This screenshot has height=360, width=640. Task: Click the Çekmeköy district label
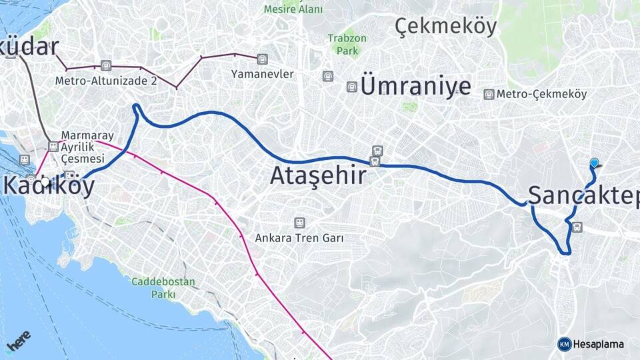coord(446,26)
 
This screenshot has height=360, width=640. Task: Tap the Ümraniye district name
coord(415,87)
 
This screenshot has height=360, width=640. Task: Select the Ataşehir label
coord(318,176)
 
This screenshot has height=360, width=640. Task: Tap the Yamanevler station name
coord(262,74)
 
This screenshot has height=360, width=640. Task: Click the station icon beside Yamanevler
coord(262,59)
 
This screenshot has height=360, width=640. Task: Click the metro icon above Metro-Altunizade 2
coord(105,65)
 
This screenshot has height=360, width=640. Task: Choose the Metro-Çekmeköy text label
coord(541,94)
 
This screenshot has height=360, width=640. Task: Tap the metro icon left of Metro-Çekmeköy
coord(489,95)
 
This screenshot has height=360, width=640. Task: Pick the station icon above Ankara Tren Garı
coord(299,223)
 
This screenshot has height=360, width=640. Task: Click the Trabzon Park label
coord(347,44)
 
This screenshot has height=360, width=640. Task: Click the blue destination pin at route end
coord(595,163)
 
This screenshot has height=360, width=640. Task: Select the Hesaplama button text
coord(598,344)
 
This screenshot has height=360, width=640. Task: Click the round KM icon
coord(565,344)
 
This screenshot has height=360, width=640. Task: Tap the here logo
coord(19,343)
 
